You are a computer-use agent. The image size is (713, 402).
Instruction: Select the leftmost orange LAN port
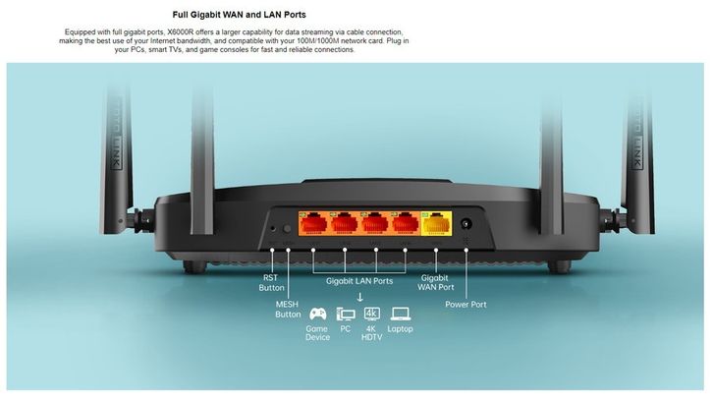click(x=313, y=228)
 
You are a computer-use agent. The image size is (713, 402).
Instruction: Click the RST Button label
click(x=271, y=283)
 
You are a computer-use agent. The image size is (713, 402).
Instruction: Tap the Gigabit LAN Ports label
click(x=359, y=281)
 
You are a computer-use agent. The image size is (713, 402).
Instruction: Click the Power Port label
click(x=466, y=305)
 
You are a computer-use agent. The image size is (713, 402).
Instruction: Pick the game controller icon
click(x=318, y=315)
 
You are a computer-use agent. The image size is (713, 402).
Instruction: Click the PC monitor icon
click(x=346, y=315)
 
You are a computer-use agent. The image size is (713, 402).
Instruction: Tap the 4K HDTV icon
click(x=371, y=315)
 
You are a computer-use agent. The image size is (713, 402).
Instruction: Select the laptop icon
click(x=400, y=315)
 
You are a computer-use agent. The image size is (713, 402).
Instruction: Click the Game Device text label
click(x=318, y=333)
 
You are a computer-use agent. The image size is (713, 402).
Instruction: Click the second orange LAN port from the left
click(x=344, y=228)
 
